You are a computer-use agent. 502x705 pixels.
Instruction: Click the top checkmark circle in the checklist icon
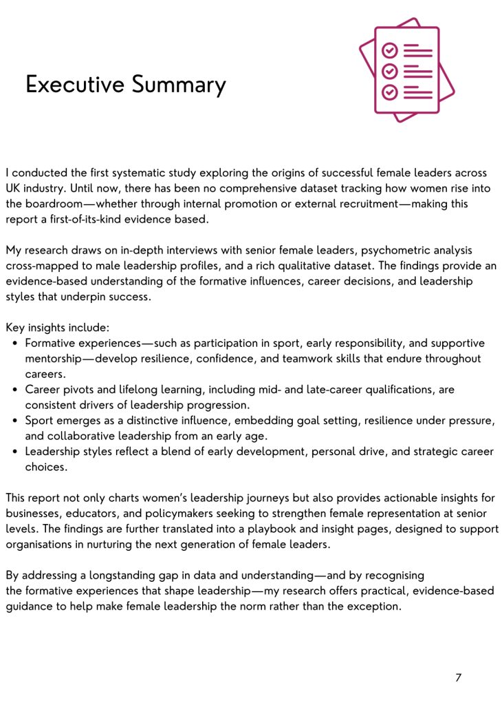390,50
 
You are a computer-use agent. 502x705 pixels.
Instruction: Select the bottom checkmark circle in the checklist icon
390,91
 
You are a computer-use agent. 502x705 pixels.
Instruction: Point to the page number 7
458,677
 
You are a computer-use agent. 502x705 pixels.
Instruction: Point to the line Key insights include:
58,328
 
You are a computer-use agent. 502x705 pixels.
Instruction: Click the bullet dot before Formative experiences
15,343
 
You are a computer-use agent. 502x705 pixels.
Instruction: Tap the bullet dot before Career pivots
15,389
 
